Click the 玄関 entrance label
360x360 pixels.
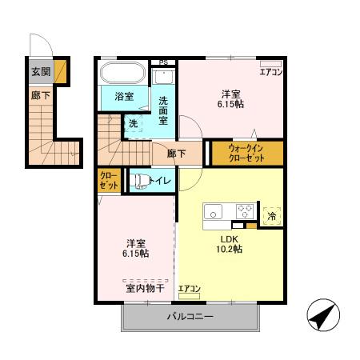(x=39, y=72)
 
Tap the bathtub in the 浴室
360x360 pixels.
(x=122, y=76)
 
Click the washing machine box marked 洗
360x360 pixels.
(x=134, y=123)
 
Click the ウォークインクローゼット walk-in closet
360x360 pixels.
(x=245, y=152)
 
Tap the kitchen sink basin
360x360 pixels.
(x=214, y=212)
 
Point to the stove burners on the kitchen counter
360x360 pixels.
(x=245, y=212)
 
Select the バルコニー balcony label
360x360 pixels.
(x=190, y=317)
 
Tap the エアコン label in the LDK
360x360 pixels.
(x=189, y=289)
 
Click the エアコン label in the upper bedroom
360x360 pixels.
(x=270, y=72)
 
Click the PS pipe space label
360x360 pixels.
(x=164, y=62)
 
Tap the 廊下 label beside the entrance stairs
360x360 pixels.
(x=39, y=94)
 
